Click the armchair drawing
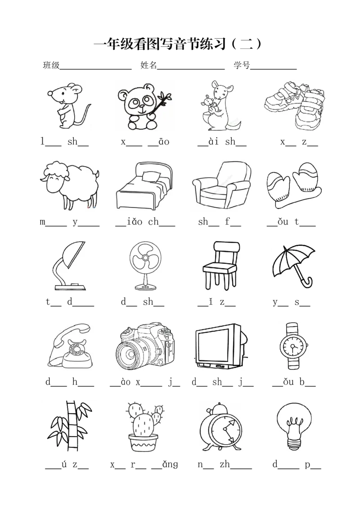[x=222, y=185]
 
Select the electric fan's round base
[x=145, y=287]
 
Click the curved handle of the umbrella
[x=307, y=282]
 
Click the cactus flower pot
[x=143, y=442]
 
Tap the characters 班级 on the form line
[x=51, y=65]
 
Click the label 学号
[x=242, y=65]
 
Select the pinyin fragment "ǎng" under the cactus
[x=170, y=464]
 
